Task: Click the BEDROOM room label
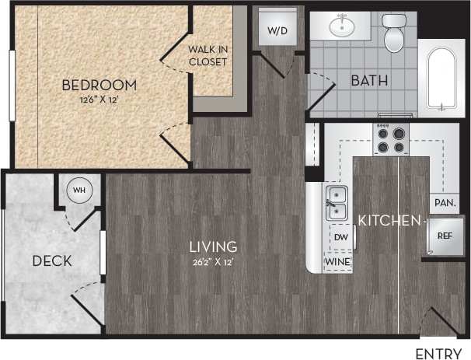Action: click(x=99, y=85)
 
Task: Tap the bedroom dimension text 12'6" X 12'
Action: click(x=99, y=99)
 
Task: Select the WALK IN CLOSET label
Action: click(x=208, y=55)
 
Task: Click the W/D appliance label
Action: click(x=277, y=31)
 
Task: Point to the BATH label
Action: click(x=370, y=80)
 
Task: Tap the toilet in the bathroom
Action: click(x=395, y=30)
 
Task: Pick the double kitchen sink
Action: click(x=337, y=201)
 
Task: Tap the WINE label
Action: click(x=338, y=262)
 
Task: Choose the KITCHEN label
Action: click(x=389, y=221)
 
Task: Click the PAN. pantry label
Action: click(x=445, y=201)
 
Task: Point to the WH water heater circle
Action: click(x=79, y=190)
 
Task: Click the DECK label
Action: click(x=53, y=261)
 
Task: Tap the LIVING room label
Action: click(x=213, y=247)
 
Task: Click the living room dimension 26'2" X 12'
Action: click(x=212, y=261)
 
